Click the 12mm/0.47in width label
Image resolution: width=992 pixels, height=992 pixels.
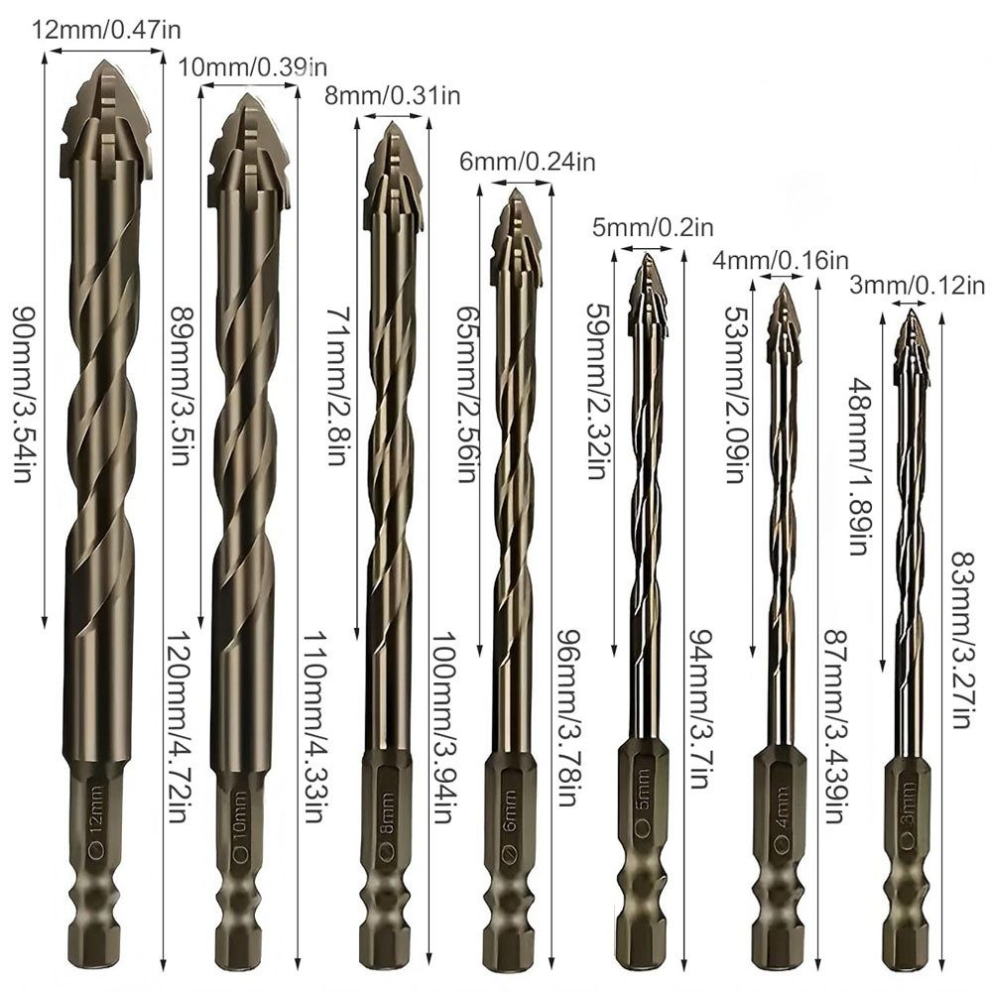click(106, 30)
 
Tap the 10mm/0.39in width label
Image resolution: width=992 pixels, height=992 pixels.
click(252, 66)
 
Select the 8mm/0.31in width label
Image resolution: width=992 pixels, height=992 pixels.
click(392, 95)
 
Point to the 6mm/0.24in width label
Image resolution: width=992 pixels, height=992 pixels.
click(527, 162)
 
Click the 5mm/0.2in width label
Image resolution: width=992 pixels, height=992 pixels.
click(653, 226)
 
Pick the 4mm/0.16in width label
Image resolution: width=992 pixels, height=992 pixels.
click(781, 259)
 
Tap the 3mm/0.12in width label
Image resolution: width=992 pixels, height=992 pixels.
click(918, 286)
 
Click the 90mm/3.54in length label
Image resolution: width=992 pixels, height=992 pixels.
click(23, 394)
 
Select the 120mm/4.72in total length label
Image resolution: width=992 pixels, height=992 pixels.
click(178, 726)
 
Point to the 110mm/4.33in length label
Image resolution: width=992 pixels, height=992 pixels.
click(314, 726)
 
